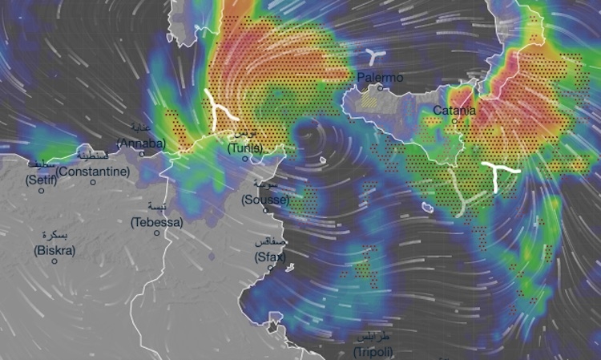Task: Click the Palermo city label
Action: [x=381, y=78]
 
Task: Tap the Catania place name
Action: [x=454, y=110]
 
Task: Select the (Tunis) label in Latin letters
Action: [x=245, y=148]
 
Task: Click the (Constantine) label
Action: [x=93, y=172]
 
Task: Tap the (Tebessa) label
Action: [x=158, y=222]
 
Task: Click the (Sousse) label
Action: [x=264, y=200]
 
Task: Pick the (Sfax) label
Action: [x=269, y=257]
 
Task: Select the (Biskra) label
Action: [x=54, y=250]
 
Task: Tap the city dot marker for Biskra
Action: [x=55, y=261]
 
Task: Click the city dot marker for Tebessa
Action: [x=157, y=233]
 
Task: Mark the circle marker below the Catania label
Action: [x=454, y=121]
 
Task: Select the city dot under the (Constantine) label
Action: [x=93, y=182]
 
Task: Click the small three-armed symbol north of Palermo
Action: [x=372, y=55]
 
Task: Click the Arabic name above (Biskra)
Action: [x=54, y=236]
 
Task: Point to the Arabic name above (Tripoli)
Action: [x=373, y=338]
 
